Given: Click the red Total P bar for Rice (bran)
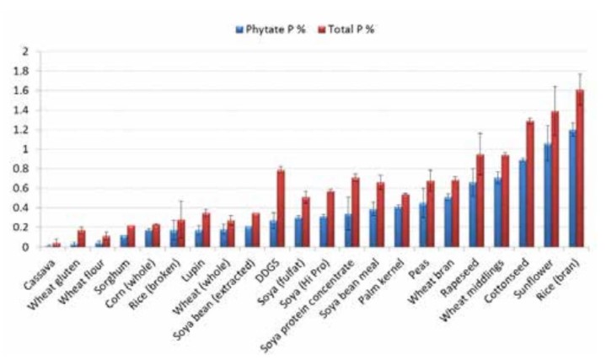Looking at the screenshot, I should point(580,169).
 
